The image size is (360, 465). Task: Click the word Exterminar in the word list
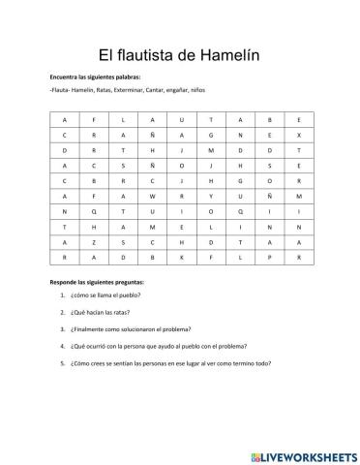coord(114,91)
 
